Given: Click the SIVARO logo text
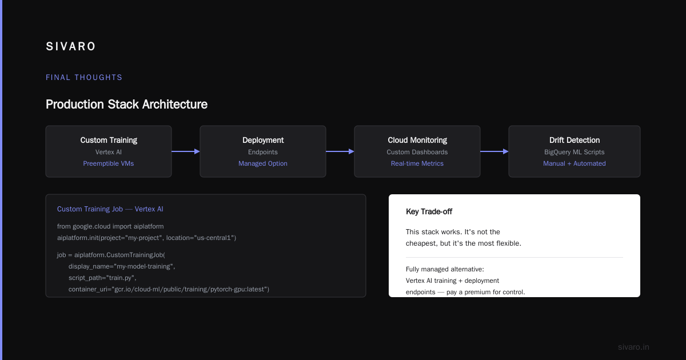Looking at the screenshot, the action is pos(71,46).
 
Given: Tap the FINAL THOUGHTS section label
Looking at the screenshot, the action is pos(84,78).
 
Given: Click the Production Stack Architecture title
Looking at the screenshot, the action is pos(126,105).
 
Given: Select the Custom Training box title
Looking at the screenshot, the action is pos(109,140).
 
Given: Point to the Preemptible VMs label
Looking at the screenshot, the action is pos(109,163).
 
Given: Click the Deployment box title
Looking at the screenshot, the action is pos(263,140).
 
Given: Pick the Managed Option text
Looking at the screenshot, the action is pos(263,163).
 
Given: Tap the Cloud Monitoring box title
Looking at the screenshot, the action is pos(417,140).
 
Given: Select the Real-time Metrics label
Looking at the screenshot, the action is pos(417,163).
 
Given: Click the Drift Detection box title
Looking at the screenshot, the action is pos(575,140).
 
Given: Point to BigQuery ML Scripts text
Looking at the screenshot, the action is pos(575,152).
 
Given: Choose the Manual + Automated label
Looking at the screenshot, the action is pos(575,163).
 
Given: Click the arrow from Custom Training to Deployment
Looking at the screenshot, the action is pos(186,151).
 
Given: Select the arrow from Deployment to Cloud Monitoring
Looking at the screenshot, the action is pos(340,151).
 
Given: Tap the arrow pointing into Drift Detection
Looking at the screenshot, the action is pos(494,151).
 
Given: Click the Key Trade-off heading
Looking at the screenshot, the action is pos(429,211).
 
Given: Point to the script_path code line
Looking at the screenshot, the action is pos(102,278).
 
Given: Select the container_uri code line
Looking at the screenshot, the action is pos(169,289).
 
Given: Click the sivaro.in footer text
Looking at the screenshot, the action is pos(633,347).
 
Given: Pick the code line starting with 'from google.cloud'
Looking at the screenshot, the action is pos(110,226).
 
